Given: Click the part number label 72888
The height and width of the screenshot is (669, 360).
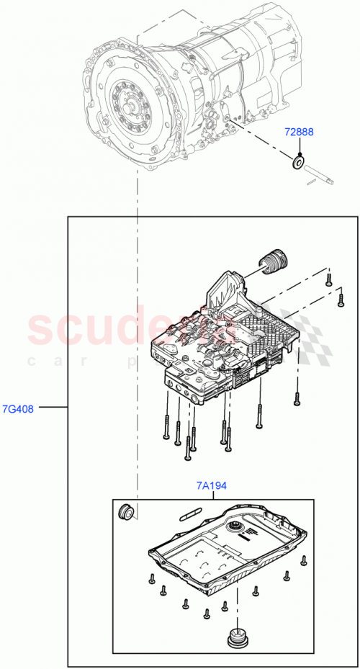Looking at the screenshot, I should pyautogui.click(x=297, y=133).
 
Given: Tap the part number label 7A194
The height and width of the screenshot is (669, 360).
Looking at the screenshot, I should pyautogui.click(x=211, y=486).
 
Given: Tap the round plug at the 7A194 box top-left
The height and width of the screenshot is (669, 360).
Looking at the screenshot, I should pyautogui.click(x=125, y=512).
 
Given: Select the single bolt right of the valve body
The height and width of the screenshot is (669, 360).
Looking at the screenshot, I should pyautogui.click(x=296, y=398).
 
